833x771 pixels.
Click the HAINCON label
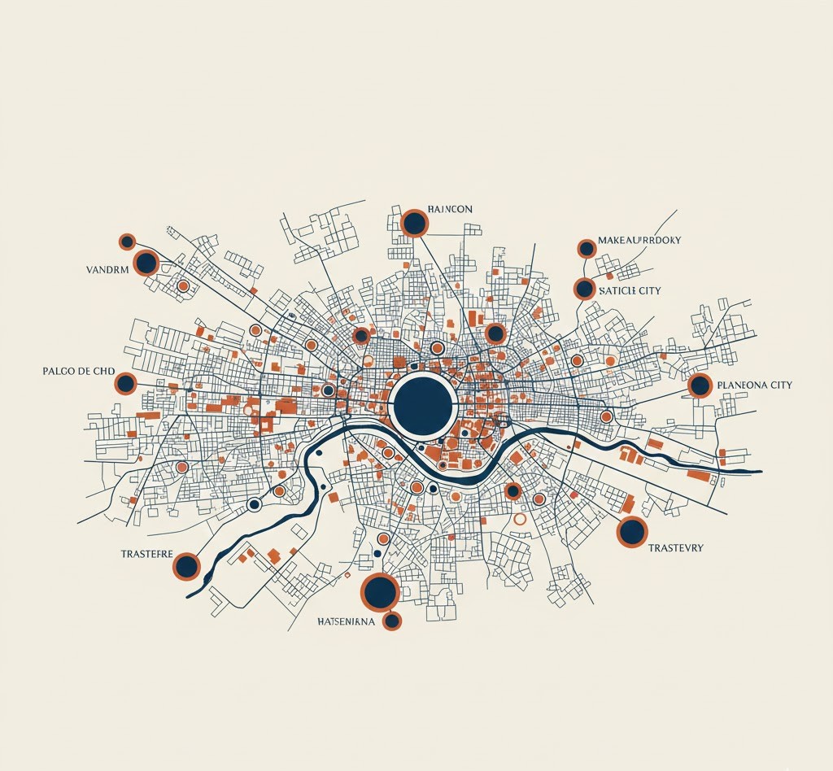coord(449,210)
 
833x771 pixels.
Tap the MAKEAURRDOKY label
coord(639,241)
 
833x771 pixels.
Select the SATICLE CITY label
coord(630,290)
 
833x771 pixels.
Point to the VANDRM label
coord(107,269)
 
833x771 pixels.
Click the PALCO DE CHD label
coord(78,371)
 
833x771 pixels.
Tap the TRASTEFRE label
coord(146,553)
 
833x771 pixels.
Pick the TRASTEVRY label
coord(676,548)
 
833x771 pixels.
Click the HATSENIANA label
coord(346,622)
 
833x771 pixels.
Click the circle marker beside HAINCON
coord(414,223)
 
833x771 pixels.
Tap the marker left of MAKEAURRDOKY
coord(586,248)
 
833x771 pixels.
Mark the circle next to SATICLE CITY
coord(584,288)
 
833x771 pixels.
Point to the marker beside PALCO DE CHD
coord(125,383)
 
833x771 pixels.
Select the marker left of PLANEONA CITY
coord(700,385)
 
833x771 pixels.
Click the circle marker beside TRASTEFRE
coord(186,566)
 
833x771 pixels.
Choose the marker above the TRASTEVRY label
coord(632,531)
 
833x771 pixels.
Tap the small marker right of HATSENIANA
coord(392,621)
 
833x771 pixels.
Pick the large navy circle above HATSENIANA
coord(379,591)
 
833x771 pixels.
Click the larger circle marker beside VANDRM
coord(146,263)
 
